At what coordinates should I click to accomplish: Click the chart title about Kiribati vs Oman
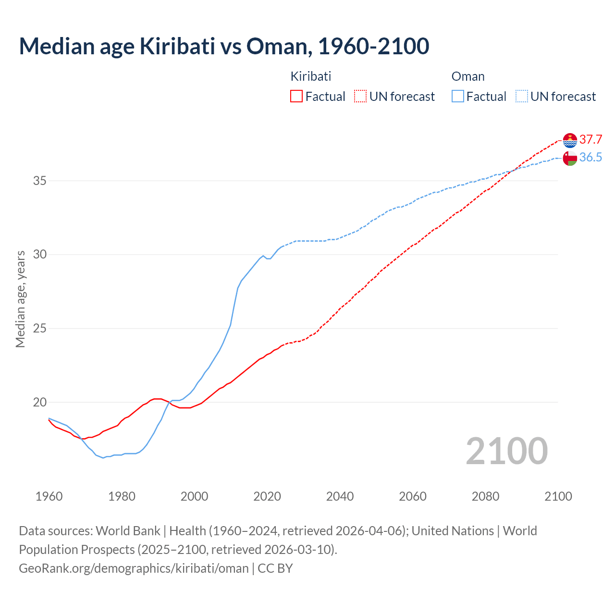pos(224,47)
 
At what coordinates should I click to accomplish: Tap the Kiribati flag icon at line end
pos(570,140)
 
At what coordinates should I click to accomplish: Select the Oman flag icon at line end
pos(570,158)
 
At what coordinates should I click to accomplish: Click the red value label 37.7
pos(590,140)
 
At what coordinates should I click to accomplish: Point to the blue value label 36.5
pos(590,158)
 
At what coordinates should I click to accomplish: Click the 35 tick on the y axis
pos(40,181)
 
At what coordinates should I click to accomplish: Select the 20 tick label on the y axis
pos(40,402)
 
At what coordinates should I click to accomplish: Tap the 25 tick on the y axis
pos(40,329)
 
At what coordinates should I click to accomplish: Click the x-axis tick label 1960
pos(49,496)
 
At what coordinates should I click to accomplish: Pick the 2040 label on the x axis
pos(340,496)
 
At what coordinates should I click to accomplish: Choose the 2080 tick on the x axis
pos(485,496)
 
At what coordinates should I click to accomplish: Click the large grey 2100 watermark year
pos(506,451)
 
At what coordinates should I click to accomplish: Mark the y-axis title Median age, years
pos(20,299)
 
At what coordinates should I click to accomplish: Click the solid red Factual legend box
pos(296,97)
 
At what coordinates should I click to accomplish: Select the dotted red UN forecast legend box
pos(360,97)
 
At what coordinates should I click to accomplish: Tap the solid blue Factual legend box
pos(458,97)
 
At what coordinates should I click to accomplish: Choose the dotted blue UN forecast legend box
pos(522,97)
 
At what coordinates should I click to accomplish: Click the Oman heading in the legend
pos(468,76)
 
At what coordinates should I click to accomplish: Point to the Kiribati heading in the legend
pos(311,76)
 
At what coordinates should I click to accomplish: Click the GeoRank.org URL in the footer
pos(134,568)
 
